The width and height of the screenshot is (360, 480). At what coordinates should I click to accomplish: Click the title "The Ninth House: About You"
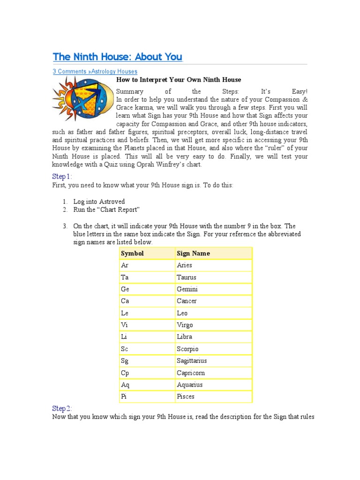[117, 57]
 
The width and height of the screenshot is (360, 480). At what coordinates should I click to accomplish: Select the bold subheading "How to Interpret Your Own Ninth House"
[179, 80]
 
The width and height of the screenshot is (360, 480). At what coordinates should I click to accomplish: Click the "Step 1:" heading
[62, 177]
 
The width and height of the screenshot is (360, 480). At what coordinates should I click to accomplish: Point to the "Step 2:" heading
[62, 409]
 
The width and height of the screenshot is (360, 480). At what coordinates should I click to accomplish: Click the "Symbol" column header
[132, 254]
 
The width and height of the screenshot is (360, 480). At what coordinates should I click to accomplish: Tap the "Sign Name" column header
[193, 254]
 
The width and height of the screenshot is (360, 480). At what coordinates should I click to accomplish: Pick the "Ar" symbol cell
[125, 265]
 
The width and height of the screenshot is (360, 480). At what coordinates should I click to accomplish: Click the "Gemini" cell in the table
[187, 289]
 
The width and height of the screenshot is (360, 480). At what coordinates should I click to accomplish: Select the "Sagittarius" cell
[192, 361]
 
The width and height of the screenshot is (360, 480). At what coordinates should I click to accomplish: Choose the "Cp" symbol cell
[125, 373]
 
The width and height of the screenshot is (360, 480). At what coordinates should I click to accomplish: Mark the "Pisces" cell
[186, 397]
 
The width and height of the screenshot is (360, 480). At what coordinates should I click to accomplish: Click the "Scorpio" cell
[187, 349]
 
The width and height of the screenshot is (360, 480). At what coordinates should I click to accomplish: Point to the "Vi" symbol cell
[124, 325]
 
